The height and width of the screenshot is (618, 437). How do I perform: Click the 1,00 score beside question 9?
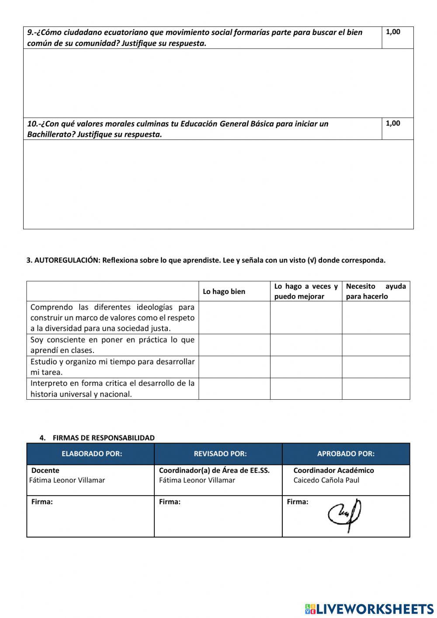tap(393, 32)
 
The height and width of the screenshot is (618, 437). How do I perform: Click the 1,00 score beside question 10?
tap(393, 123)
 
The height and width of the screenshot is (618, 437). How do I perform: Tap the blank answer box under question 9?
tap(218, 83)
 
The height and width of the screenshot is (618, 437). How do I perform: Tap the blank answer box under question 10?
tap(218, 184)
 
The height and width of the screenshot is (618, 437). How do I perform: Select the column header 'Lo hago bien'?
tap(224, 292)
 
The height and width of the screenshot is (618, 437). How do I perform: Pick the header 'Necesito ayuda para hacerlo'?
tap(375, 291)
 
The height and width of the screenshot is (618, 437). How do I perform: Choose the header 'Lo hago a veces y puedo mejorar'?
tap(306, 291)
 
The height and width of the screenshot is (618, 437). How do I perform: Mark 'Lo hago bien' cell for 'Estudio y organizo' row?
tap(234, 367)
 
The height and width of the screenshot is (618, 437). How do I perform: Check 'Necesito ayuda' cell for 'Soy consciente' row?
tap(375, 345)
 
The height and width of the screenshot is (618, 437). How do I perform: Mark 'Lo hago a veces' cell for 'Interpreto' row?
tap(306, 389)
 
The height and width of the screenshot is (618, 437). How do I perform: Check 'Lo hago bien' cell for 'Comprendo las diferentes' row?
tap(234, 318)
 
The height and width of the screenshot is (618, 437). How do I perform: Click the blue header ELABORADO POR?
tap(92, 454)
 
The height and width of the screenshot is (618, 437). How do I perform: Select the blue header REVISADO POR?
tap(220, 454)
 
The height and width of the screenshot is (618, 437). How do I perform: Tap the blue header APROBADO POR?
tap(346, 454)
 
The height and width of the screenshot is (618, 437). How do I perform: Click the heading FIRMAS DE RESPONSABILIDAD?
tap(103, 438)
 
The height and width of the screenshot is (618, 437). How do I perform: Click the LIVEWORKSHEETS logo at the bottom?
tap(369, 608)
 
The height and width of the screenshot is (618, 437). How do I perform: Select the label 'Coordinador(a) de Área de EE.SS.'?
tap(214, 471)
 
